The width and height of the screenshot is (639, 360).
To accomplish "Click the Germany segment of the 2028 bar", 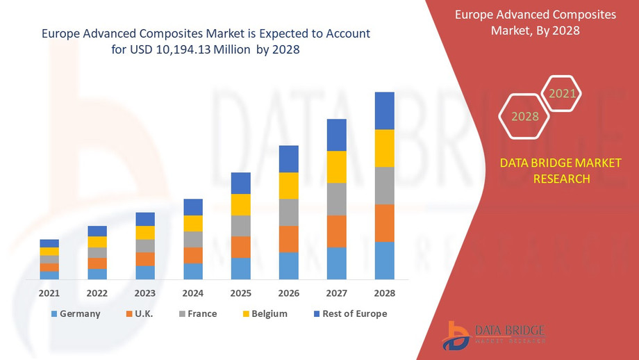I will pyautogui.click(x=384, y=261).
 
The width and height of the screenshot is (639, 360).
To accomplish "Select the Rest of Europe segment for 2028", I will pyautogui.click(x=384, y=111).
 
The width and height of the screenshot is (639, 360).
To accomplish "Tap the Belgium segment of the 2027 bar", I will pyautogui.click(x=336, y=167).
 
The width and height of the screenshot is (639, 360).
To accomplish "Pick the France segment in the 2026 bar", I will pyautogui.click(x=288, y=212).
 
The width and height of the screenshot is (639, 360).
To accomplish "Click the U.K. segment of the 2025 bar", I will pyautogui.click(x=240, y=247).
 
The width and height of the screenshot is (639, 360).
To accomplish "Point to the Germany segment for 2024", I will pyautogui.click(x=192, y=271).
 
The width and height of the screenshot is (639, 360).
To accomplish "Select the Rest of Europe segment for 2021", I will pyautogui.click(x=49, y=243).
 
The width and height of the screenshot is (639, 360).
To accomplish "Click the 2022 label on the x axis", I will pyautogui.click(x=97, y=293).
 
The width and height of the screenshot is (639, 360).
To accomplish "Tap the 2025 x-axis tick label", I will pyautogui.click(x=240, y=293).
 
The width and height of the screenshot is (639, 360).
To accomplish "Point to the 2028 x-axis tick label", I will pyautogui.click(x=384, y=293).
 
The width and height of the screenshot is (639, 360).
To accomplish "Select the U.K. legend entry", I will pyautogui.click(x=138, y=313).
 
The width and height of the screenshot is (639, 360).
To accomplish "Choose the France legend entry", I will pyautogui.click(x=197, y=313).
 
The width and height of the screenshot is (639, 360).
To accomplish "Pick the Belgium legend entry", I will pyautogui.click(x=264, y=313).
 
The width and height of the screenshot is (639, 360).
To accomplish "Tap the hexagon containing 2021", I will pyautogui.click(x=562, y=93).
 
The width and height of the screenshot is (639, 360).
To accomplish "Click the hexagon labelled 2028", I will pyautogui.click(x=525, y=116).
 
